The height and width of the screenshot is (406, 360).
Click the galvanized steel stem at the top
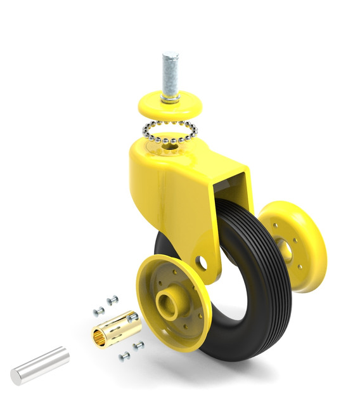(169, 73)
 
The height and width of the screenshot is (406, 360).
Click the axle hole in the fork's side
(201, 261)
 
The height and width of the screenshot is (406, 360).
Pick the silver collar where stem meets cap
(169, 98)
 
